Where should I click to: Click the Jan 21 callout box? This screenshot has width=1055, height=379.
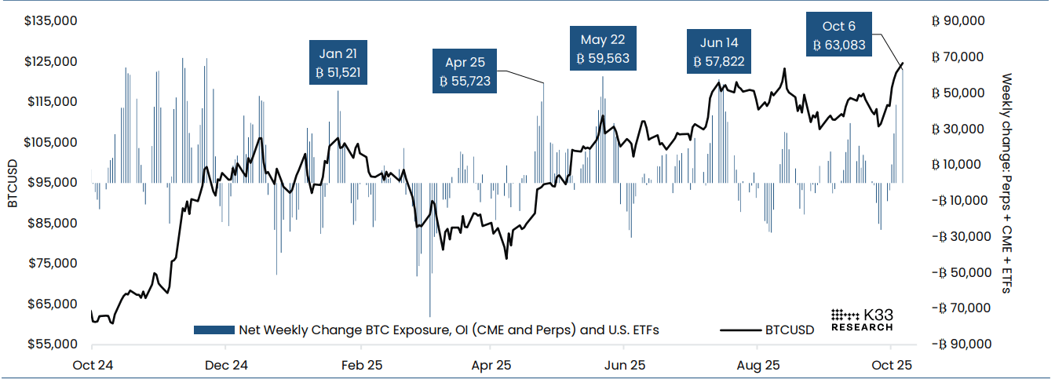[338, 64]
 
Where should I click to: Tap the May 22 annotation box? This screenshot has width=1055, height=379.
[602, 49]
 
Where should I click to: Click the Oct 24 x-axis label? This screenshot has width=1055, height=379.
[92, 365]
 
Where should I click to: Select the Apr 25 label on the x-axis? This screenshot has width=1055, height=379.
[492, 365]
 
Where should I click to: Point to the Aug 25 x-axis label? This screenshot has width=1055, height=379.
[759, 365]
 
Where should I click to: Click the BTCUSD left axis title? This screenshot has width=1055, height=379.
[13, 183]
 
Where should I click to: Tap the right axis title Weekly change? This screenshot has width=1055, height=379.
[1006, 184]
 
